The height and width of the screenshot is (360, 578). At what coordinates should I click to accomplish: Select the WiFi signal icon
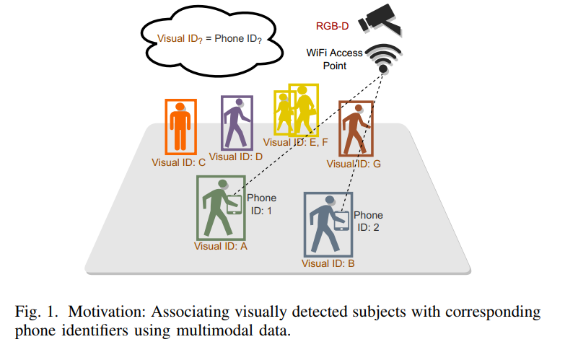click(x=384, y=58)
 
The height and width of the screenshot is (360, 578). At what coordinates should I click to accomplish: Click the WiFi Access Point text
click(x=333, y=59)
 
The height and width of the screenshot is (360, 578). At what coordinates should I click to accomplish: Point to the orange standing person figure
click(x=178, y=126)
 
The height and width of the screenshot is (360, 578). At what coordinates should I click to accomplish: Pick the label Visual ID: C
click(x=178, y=162)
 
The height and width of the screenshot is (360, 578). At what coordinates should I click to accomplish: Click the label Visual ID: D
click(x=235, y=156)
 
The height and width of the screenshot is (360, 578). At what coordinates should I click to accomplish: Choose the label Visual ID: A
click(x=221, y=246)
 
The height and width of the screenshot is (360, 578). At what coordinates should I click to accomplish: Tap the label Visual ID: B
click(x=328, y=263)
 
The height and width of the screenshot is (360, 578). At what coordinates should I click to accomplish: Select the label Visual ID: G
click(x=354, y=164)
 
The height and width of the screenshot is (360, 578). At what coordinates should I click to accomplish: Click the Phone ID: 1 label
click(x=261, y=204)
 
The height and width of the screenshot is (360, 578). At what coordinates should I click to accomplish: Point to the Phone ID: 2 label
click(x=367, y=221)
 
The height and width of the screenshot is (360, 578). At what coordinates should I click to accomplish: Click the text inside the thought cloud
click(x=209, y=38)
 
